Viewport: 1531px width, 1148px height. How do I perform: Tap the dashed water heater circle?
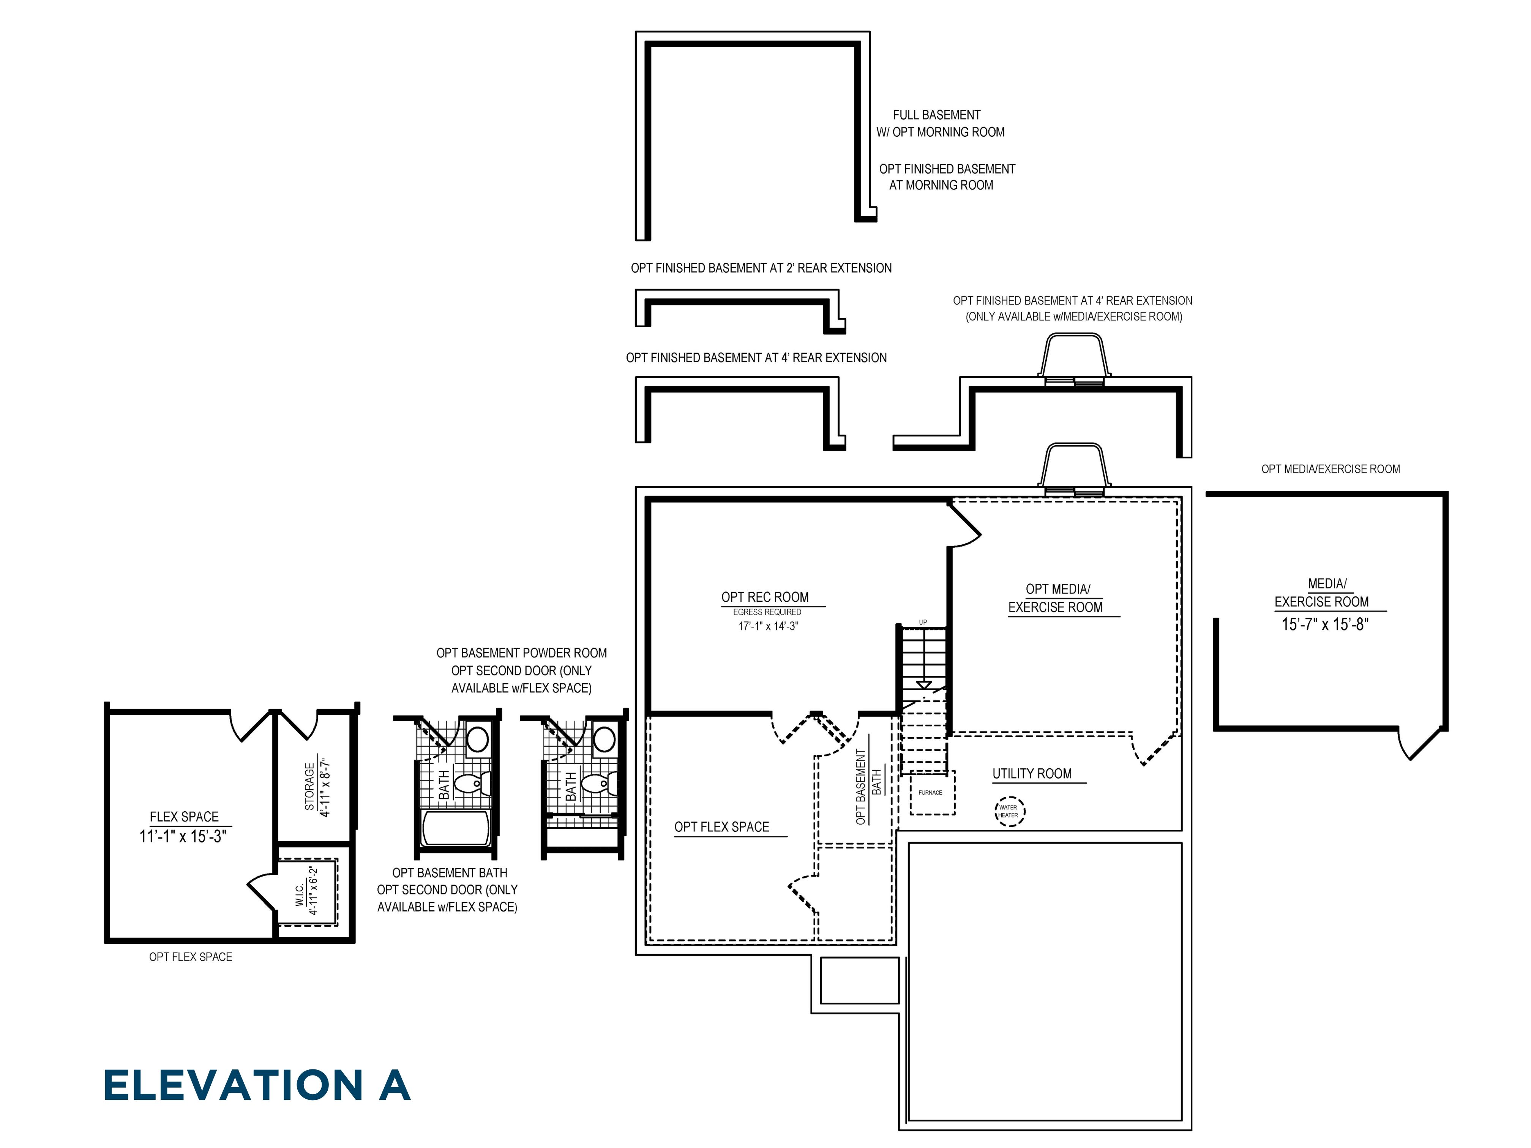(x=1009, y=811)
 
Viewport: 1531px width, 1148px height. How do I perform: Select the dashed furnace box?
(x=931, y=792)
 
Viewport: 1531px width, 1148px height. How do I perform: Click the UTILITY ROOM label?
(x=1032, y=774)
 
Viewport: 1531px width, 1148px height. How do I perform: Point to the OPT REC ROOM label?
(x=765, y=597)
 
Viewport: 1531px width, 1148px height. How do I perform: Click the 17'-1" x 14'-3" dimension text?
(x=767, y=626)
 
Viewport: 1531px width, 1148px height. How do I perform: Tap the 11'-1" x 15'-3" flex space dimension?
(x=183, y=837)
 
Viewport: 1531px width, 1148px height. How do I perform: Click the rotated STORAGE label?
(x=309, y=787)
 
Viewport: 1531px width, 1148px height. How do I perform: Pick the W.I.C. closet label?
(x=300, y=895)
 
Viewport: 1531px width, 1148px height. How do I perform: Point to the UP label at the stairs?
(x=923, y=622)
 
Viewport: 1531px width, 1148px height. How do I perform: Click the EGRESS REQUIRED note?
(x=767, y=612)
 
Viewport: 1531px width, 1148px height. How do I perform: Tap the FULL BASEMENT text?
(x=936, y=115)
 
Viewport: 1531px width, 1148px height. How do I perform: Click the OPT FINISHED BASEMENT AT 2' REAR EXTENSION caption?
(x=761, y=268)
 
